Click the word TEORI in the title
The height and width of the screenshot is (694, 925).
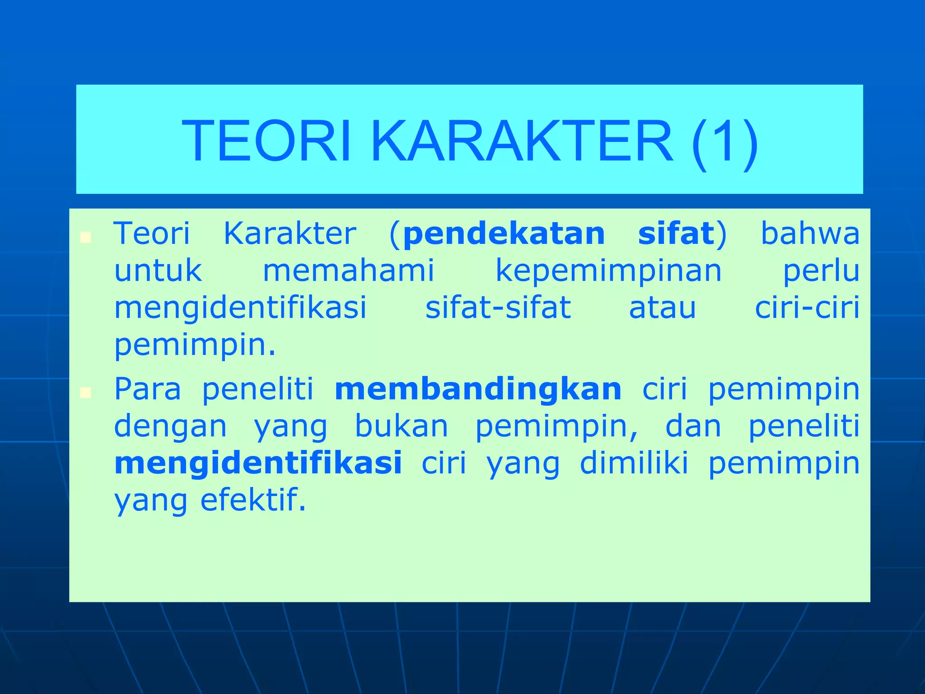pos(266,141)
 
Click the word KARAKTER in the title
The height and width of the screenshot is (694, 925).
pos(522,141)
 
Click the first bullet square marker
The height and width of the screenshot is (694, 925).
pos(85,237)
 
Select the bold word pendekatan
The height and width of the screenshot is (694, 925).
pos(504,234)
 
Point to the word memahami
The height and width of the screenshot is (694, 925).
pos(348,271)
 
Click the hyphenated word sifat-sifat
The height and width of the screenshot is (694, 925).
pos(498,308)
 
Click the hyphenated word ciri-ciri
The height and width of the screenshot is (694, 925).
pos(807,308)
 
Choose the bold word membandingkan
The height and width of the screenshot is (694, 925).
pos(478,389)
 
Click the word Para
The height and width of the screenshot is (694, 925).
pos(147,389)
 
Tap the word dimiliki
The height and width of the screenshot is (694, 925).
pos(634,464)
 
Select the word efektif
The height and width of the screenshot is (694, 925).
pos(253,501)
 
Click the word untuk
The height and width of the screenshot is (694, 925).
pos(158,271)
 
